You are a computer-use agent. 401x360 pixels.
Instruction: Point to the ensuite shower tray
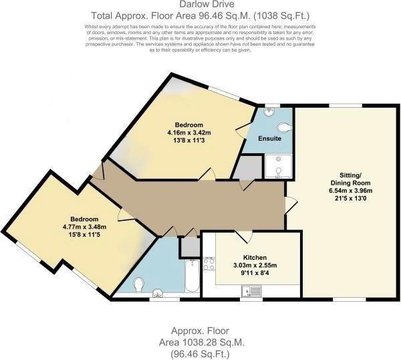(277, 167)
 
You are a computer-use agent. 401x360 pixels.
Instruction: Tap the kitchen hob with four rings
(209, 263)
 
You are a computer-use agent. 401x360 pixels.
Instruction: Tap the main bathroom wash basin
(158, 292)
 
